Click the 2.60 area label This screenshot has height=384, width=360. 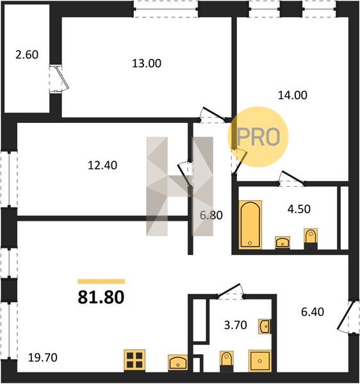27,54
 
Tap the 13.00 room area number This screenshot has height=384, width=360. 147,63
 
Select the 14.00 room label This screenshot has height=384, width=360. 292,95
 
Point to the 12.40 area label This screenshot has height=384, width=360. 102,165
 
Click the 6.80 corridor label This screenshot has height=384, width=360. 211,215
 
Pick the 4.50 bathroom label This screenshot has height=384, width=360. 299,209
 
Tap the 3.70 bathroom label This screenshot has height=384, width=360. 235,325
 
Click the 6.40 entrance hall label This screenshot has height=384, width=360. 313,312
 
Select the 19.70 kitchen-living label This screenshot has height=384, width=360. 43,358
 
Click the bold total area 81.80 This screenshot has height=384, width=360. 101,298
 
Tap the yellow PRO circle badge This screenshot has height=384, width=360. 258,137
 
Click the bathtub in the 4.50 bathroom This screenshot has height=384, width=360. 250,224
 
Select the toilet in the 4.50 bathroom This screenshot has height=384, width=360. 311,238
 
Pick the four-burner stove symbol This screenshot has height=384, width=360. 135,360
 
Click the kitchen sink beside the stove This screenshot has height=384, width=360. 178,362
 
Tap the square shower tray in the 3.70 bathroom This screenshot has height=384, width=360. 260,361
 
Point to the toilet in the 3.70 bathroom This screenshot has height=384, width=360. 227,362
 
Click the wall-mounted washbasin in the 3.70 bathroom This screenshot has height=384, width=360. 265,326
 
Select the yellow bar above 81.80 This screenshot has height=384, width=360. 101,282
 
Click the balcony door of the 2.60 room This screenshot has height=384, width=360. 59,79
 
